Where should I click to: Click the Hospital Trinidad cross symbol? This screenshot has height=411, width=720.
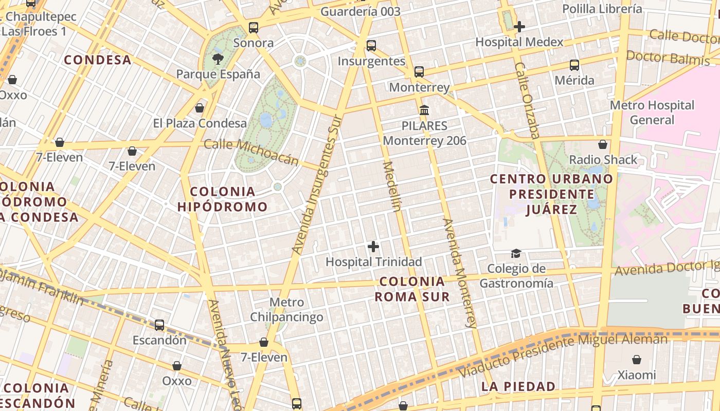[x=373, y=247]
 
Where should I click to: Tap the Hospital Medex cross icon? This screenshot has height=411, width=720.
[x=519, y=27]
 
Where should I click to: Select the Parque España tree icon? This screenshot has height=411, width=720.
[x=218, y=59]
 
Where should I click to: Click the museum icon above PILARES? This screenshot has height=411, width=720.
[x=424, y=110]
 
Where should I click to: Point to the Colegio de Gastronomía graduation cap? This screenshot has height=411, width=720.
[x=516, y=253]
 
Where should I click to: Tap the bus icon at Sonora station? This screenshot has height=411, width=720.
[x=253, y=28]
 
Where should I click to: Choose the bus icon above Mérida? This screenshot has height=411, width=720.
[x=574, y=65]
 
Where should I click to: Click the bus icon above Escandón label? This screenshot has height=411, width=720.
[x=159, y=325]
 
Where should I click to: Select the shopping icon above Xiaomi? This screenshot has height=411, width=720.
[x=637, y=360]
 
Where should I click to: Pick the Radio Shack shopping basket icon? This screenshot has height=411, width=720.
[x=603, y=145]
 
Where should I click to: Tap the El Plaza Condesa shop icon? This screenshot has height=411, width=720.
[x=200, y=108]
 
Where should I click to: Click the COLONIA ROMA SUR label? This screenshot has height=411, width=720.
[x=412, y=289]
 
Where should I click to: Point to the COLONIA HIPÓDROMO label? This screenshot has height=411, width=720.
[x=223, y=199]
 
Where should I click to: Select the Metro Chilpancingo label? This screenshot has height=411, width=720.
[x=286, y=309]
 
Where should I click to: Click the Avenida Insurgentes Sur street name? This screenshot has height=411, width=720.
[x=317, y=184]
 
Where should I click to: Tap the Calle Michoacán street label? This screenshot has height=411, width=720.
[x=251, y=152]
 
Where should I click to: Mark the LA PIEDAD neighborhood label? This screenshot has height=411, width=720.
[x=518, y=386]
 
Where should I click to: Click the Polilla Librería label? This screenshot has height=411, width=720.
[x=602, y=9]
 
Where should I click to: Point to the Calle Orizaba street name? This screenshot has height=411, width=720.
[x=527, y=101]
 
